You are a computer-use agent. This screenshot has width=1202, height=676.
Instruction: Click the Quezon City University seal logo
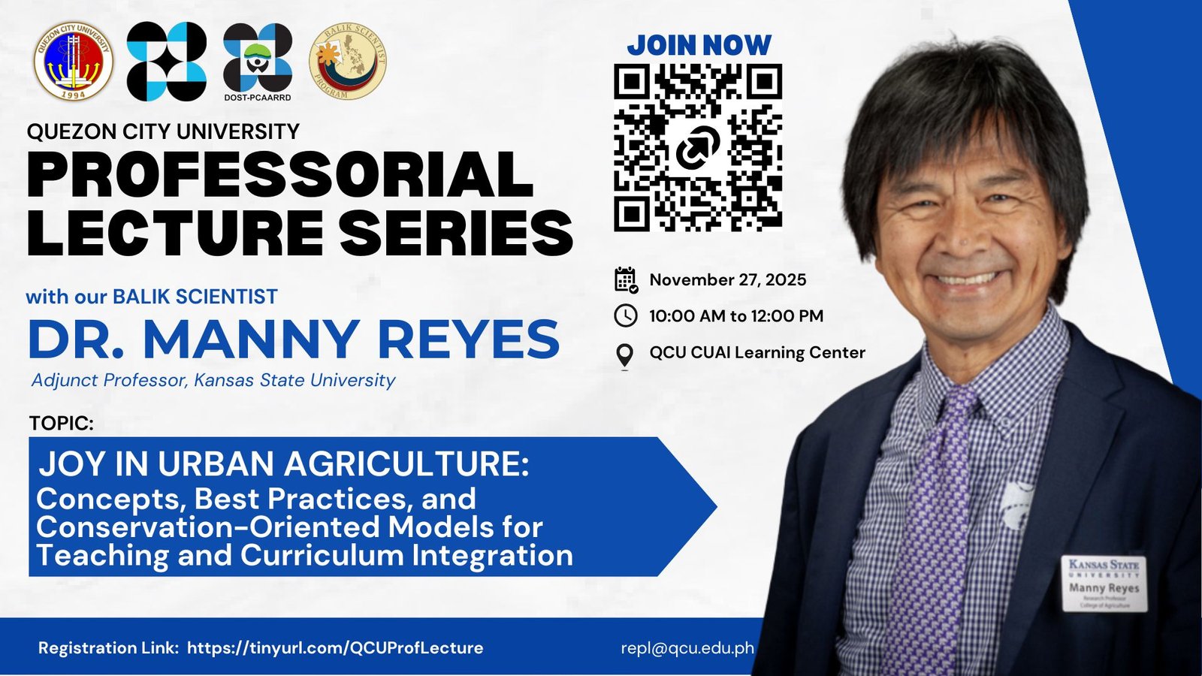pos(74,60)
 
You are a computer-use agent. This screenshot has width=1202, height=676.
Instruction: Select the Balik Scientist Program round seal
pos(347,61)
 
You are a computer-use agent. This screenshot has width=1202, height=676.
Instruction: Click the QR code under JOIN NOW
pos(698,147)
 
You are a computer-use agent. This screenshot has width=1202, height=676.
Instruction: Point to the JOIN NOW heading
pos(699,45)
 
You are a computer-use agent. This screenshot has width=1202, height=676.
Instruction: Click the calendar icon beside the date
pos(626,279)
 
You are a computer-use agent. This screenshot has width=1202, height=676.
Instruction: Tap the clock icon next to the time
pos(625,315)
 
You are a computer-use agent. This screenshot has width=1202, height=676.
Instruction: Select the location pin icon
pos(624,355)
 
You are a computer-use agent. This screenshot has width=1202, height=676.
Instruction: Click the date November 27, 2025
pos(727,279)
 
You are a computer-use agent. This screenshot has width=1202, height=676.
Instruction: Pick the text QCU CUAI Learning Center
pos(757,352)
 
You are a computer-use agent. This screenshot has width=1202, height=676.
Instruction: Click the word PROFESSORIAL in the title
pos(279,174)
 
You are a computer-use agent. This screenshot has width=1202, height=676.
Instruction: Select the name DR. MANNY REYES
pos(293,340)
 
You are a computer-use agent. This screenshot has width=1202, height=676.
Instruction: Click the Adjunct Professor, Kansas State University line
pos(213,380)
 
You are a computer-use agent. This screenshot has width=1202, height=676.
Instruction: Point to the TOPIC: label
pos(62,423)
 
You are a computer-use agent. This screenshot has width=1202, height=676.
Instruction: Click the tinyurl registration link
pos(335,647)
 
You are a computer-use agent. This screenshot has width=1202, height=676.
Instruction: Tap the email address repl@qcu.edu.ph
pos(687,647)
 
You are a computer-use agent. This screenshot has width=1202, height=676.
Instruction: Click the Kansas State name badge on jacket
pos(1104,583)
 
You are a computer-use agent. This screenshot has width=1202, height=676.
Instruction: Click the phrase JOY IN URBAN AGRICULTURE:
pos(284,463)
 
